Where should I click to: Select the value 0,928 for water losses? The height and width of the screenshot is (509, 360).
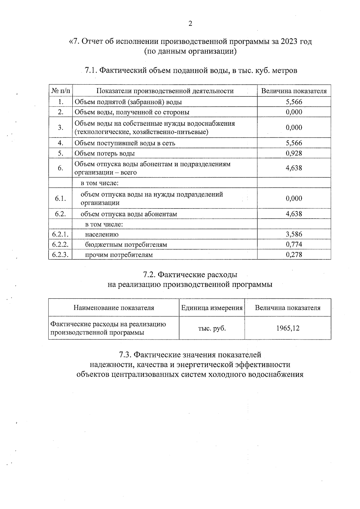click(x=294, y=153)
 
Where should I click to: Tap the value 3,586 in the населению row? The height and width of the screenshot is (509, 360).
click(x=294, y=234)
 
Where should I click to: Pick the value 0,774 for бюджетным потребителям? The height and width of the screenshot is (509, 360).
click(x=294, y=244)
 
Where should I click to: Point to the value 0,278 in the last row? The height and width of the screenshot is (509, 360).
click(x=294, y=255)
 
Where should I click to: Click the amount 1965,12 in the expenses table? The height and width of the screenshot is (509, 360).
click(x=288, y=328)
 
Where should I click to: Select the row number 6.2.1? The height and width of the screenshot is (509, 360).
click(x=60, y=234)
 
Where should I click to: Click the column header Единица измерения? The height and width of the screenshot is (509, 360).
click(x=212, y=308)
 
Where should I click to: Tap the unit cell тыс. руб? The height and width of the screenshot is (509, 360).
click(x=212, y=328)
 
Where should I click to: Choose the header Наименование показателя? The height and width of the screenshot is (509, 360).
click(x=114, y=308)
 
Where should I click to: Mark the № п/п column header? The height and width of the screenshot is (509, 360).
click(x=60, y=91)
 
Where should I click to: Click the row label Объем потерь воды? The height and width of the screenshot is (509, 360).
click(x=105, y=154)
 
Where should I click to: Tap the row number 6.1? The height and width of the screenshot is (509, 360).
click(x=60, y=198)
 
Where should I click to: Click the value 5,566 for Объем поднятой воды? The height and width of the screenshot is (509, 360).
click(x=294, y=102)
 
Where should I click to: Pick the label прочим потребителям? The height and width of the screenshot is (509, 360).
click(x=119, y=255)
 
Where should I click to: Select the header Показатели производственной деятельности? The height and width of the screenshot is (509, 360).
click(x=165, y=91)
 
